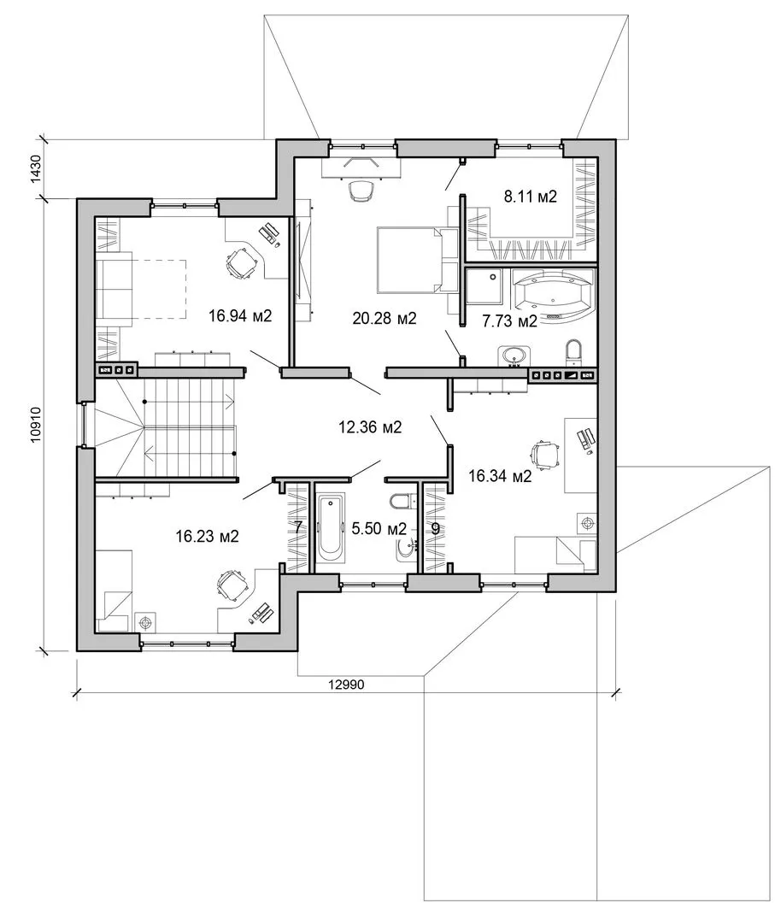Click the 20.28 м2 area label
(x=385, y=319)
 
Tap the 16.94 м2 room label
(x=240, y=316)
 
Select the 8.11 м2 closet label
(x=531, y=196)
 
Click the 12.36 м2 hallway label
(x=370, y=426)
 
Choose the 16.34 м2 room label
(x=500, y=476)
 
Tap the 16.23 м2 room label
(x=207, y=536)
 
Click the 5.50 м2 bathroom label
(x=379, y=529)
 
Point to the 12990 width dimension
(x=347, y=685)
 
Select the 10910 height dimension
(x=37, y=425)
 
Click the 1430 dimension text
(x=37, y=169)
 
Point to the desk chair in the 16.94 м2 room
(x=242, y=263)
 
